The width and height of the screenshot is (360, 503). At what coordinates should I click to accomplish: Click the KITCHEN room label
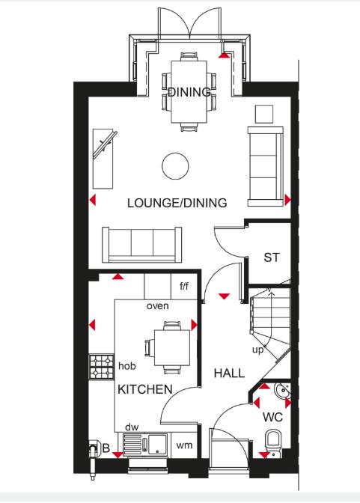(145, 389)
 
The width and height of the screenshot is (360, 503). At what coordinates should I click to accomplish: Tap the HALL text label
(229, 373)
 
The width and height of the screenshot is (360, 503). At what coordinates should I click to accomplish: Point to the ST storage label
(271, 257)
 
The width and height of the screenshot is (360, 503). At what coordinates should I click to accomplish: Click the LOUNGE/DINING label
(177, 203)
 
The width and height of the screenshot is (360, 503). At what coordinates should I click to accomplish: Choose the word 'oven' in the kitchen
(157, 305)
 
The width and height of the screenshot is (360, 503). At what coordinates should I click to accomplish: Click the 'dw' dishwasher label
(132, 426)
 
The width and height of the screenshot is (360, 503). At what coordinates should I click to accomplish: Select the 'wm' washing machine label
(183, 445)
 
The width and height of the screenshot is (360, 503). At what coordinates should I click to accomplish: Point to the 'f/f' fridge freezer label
(185, 285)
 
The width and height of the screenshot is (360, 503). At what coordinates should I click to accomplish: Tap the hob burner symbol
(101, 366)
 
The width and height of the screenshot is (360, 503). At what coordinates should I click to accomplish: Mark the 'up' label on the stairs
(257, 350)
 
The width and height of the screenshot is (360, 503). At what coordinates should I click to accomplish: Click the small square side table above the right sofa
(264, 114)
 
